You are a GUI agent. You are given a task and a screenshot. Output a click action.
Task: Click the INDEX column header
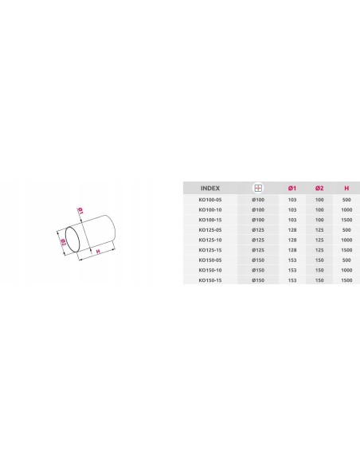pyautogui.click(x=210, y=188)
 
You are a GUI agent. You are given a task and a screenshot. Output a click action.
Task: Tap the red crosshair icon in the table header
pyautogui.click(x=258, y=188)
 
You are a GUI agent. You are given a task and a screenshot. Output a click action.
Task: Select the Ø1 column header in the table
pyautogui.click(x=292, y=188)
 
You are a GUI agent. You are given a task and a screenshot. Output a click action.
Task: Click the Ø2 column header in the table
pyautogui.click(x=319, y=188)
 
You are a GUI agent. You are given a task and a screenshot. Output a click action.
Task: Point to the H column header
pyautogui.click(x=346, y=188)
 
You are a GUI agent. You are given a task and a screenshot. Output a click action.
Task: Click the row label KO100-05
pyautogui.click(x=210, y=200)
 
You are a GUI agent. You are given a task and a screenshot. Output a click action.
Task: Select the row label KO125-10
pyautogui.click(x=210, y=240)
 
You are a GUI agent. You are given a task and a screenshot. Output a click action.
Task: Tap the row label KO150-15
pyautogui.click(x=210, y=280)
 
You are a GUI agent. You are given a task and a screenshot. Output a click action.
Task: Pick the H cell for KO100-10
pyautogui.click(x=346, y=209)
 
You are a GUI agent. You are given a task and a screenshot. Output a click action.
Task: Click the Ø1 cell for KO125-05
pyautogui.click(x=292, y=230)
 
